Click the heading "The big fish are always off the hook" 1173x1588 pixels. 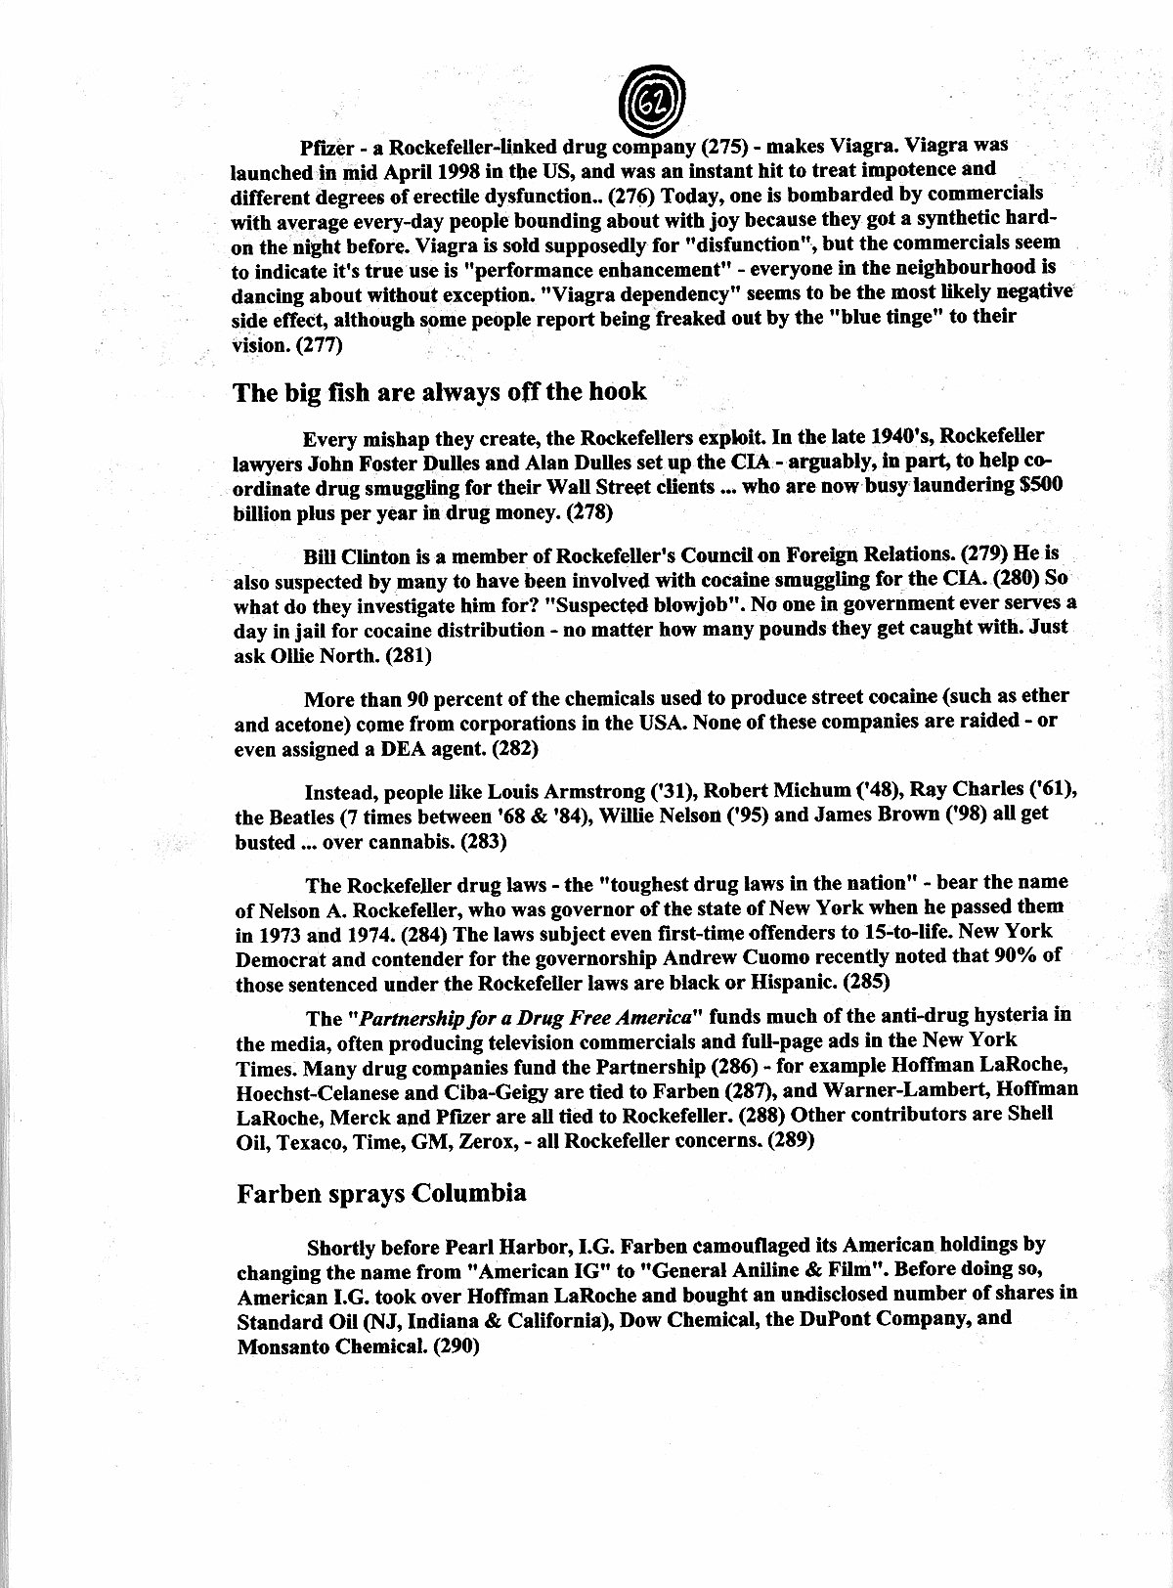coord(439,392)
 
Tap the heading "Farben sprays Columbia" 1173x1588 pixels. coord(382,1193)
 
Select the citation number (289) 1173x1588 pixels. coord(779,1140)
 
